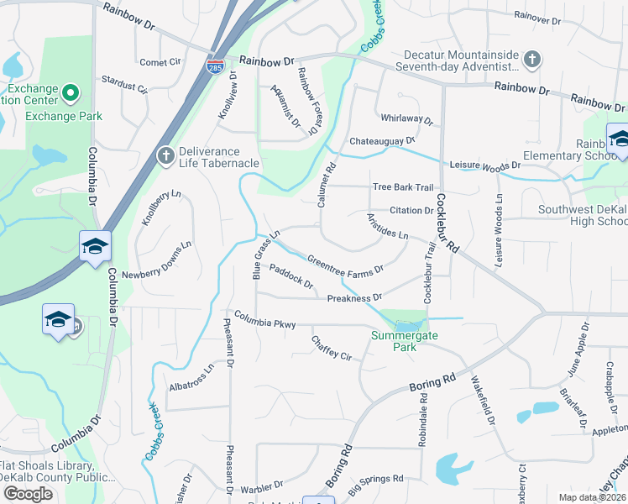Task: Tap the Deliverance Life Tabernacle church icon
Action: coord(165,155)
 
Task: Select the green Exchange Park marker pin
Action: coord(71,92)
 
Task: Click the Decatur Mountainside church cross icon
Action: coord(531,59)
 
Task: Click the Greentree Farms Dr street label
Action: coord(345,264)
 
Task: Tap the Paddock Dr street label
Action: coord(291,278)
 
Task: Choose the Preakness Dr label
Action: coord(354,297)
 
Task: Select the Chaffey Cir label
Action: coord(331,350)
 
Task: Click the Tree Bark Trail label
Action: coord(402,187)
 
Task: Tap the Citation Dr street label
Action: coord(411,210)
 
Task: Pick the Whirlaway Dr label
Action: coord(406,120)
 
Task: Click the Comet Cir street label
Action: coord(160,62)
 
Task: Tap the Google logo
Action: coord(28,494)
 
